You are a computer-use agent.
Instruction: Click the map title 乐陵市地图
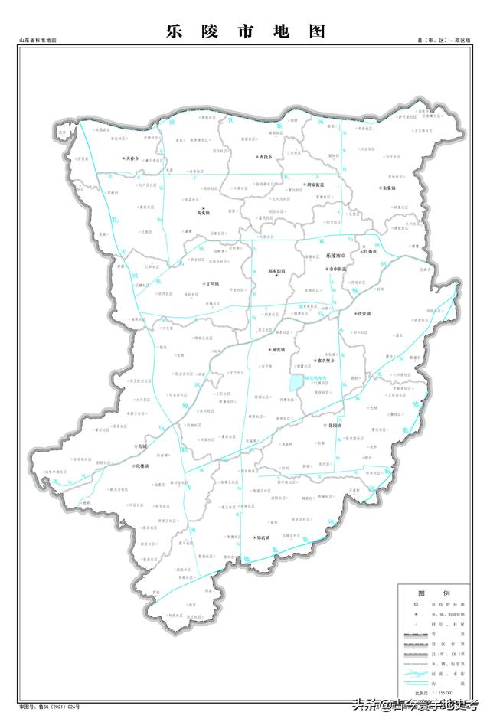[245, 31]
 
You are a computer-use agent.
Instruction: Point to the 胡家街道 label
[314, 185]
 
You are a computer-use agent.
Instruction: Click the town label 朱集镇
[388, 187]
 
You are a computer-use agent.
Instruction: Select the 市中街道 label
[336, 270]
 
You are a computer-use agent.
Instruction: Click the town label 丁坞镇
[211, 283]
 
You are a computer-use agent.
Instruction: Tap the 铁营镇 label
[367, 313]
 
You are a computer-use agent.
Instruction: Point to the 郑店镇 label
[260, 538]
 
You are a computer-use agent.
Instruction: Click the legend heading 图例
[433, 593]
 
